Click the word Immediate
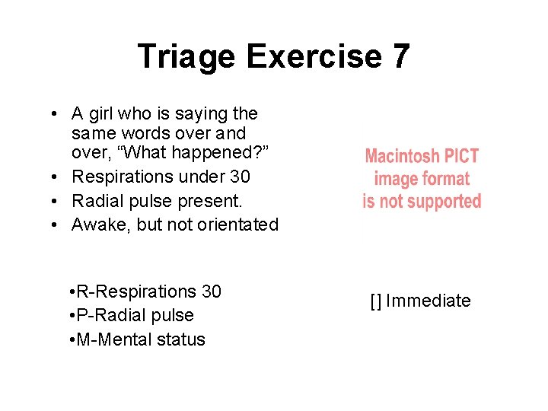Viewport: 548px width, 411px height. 429,301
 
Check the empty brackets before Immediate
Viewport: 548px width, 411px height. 376,301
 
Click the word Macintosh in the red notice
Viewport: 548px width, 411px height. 402,157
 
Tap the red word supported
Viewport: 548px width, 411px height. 444,202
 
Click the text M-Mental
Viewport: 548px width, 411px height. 113,339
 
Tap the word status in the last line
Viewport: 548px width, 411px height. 180,339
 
